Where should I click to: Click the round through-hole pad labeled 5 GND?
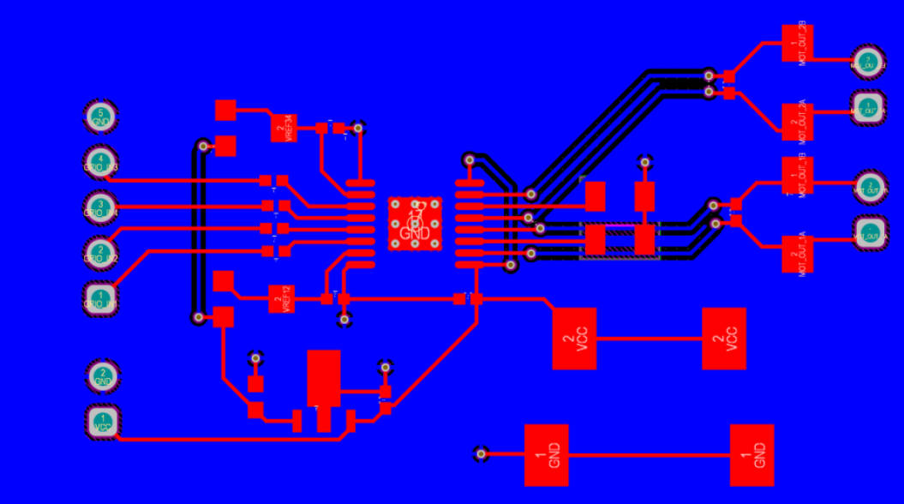coord(101,117)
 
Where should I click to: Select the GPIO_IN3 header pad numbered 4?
coord(101,162)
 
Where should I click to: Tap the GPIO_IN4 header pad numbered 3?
coord(101,207)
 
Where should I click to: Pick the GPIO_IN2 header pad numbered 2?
coord(101,253)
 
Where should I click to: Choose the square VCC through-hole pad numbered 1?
coord(103,422)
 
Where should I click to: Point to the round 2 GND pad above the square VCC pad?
coord(103,375)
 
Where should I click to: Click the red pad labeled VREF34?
coord(284,128)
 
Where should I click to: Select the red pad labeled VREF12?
coord(281,298)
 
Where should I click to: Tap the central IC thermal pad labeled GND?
coord(416,224)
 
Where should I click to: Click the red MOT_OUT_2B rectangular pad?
coord(798,43)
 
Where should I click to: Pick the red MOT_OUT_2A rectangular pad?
coord(798,122)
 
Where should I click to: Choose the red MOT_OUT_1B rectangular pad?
coord(798,175)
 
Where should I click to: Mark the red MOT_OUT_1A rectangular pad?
coord(798,254)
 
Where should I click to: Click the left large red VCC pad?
coord(574,339)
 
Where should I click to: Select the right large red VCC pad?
coord(724,339)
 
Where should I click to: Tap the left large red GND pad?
coord(546,455)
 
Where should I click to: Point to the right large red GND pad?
coord(752,455)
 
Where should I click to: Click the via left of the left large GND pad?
coord(481,453)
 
